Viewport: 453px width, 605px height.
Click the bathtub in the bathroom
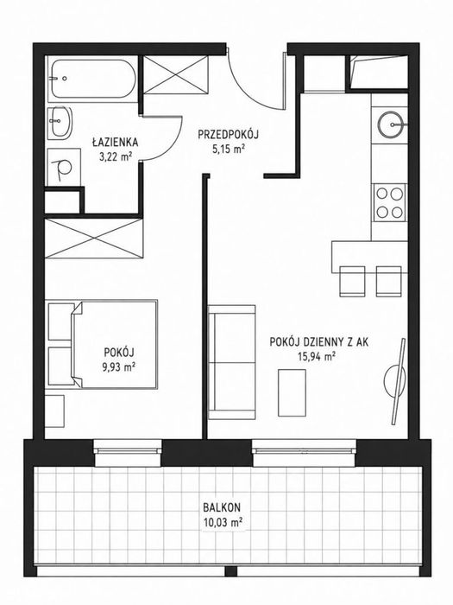[92, 80]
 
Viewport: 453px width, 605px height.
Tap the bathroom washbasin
[60, 122]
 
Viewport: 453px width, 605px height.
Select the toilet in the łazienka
[63, 168]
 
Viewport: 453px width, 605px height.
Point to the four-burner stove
[389, 202]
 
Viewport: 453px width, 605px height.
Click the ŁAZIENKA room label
[115, 142]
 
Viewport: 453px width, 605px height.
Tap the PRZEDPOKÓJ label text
[229, 135]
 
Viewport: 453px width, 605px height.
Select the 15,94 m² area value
[316, 356]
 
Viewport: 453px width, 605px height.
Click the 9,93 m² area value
[118, 366]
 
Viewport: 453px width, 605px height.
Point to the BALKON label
[222, 506]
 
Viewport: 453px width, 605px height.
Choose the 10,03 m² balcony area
[223, 523]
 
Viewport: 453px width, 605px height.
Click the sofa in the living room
[231, 362]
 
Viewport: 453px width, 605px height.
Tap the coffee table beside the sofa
[292, 392]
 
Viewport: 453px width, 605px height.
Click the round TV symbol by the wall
[395, 381]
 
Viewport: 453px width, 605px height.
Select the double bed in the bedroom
[115, 344]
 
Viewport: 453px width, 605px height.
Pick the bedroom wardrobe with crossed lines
[94, 239]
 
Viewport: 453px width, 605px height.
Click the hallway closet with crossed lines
[176, 74]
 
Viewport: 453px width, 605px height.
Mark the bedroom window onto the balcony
[128, 450]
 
